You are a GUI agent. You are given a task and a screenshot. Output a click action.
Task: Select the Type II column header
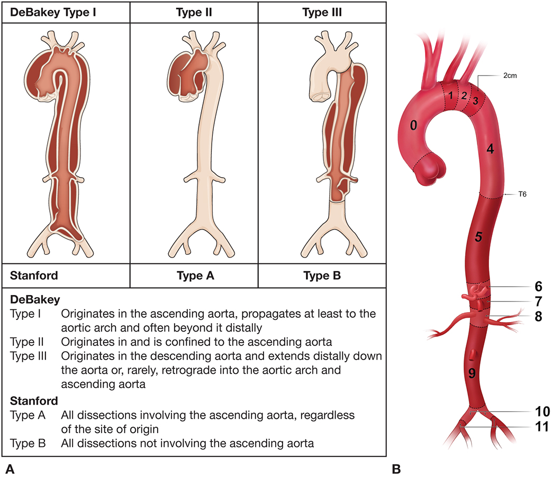click(194, 11)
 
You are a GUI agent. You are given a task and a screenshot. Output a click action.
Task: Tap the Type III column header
click(322, 11)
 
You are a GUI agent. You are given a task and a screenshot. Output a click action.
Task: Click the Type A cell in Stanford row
click(194, 275)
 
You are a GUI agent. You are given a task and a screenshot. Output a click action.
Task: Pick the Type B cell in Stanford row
click(322, 275)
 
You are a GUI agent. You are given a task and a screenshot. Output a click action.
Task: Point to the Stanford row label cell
click(33, 275)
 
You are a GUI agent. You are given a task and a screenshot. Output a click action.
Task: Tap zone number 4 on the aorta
click(490, 150)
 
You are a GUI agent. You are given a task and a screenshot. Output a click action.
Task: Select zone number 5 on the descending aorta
click(478, 236)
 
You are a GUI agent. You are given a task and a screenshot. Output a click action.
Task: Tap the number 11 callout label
click(540, 426)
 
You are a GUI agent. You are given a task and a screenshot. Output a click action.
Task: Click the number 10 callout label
click(540, 411)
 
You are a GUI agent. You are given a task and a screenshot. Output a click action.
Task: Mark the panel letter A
click(10, 467)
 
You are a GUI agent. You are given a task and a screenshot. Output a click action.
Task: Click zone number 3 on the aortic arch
click(476, 100)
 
